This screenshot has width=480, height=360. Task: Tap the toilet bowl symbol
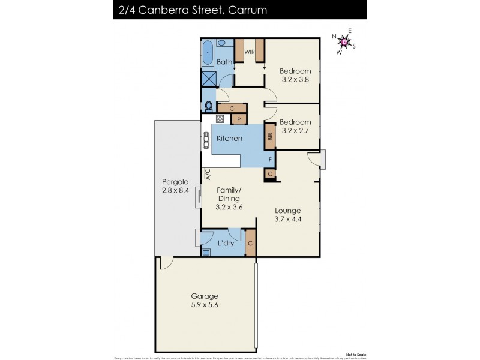click(208, 107)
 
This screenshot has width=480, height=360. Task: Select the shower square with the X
click(209, 78)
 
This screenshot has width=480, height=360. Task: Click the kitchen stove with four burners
click(212, 119)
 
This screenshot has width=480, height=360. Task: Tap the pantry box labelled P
click(239, 119)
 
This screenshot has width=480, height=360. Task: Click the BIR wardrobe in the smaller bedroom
click(271, 136)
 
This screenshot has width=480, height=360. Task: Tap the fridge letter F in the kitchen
click(271, 160)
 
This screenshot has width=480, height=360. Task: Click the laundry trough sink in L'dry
click(206, 253)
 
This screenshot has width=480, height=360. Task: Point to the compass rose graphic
click(344, 41)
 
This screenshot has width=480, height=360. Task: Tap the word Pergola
click(176, 182)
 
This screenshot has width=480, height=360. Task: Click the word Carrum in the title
click(246, 10)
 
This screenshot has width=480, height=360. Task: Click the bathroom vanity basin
click(221, 43)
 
